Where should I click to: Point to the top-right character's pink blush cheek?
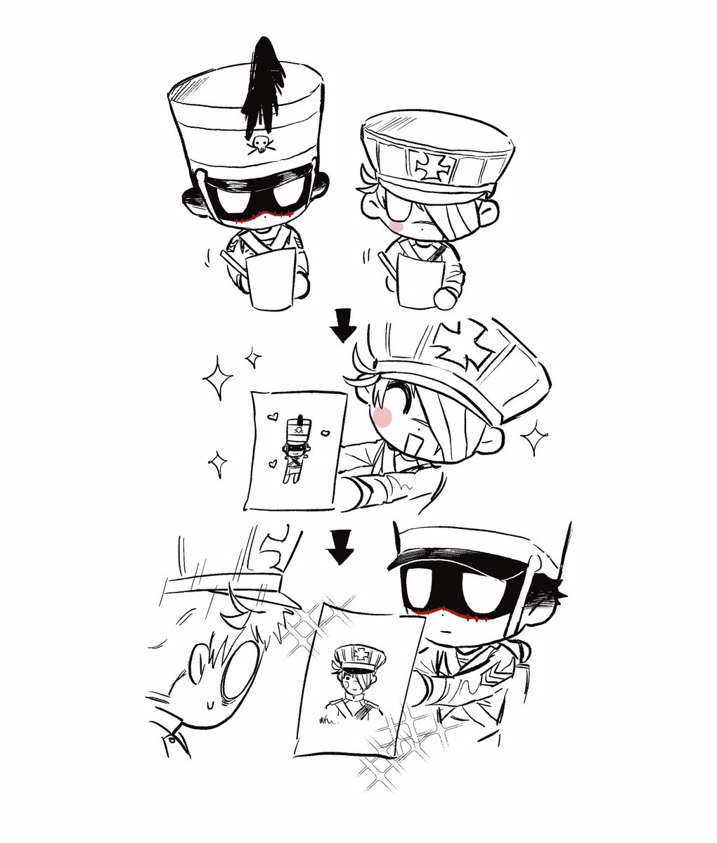click(396, 226)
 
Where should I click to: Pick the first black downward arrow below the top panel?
click(344, 326)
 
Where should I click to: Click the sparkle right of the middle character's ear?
click(535, 440)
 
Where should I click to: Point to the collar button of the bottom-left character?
click(171, 739)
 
